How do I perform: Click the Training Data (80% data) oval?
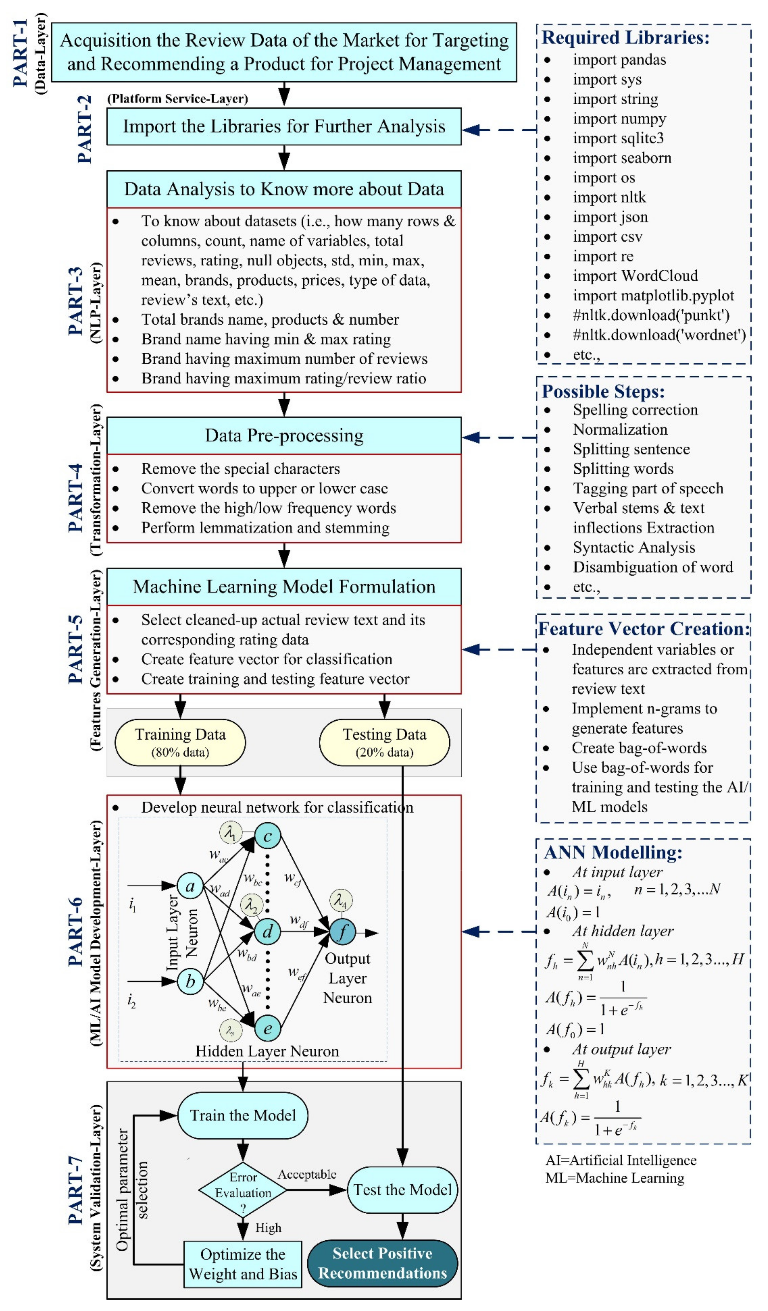tap(180, 742)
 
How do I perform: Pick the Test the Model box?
tap(402, 1189)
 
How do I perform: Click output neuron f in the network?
tap(342, 932)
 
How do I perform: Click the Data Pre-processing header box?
tap(284, 436)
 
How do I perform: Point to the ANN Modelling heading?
tap(612, 852)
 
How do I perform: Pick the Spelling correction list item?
tap(635, 410)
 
